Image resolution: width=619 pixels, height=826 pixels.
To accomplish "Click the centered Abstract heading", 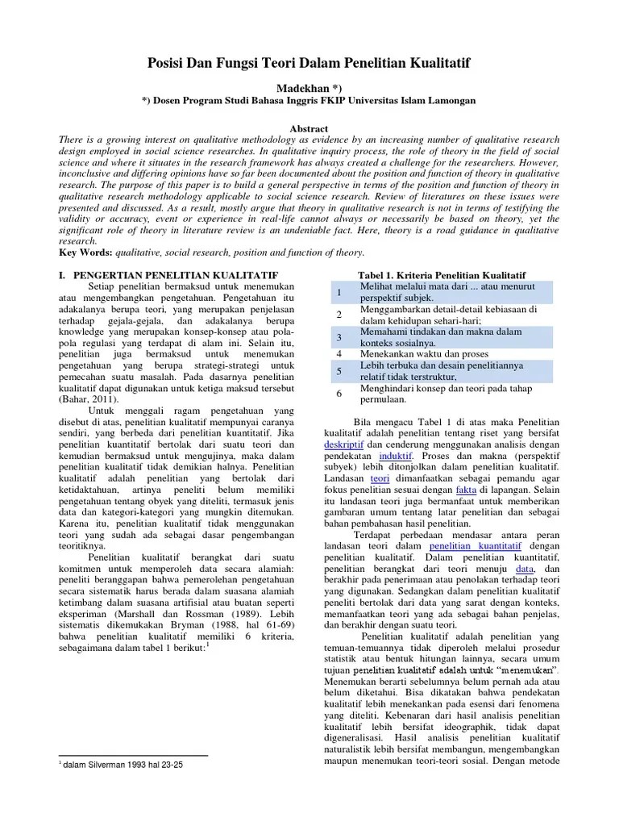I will pyautogui.click(x=309, y=129).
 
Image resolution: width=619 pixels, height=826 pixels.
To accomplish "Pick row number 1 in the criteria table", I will pyautogui.click(x=340, y=292).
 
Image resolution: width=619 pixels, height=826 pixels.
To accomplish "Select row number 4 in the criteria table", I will pyautogui.click(x=340, y=353).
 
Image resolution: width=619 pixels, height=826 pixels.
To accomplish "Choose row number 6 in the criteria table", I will pyautogui.click(x=340, y=393).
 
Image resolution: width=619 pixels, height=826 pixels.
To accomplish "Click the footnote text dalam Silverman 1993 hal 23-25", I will pyautogui.click(x=124, y=763).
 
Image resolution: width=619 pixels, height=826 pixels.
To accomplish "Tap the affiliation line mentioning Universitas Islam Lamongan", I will pyautogui.click(x=309, y=101).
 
